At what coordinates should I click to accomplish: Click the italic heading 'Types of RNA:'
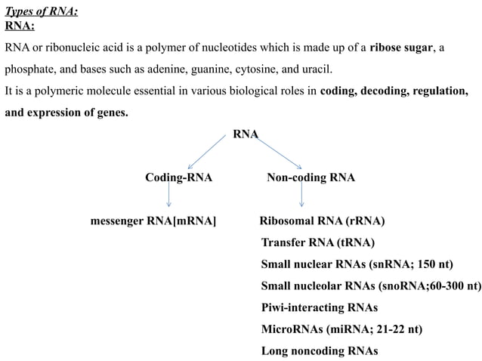coord(41,10)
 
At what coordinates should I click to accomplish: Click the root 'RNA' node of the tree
coord(246,134)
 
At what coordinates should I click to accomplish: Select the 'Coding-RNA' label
coord(178,178)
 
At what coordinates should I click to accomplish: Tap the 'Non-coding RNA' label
coord(311,178)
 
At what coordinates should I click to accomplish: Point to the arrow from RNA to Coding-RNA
coord(205,151)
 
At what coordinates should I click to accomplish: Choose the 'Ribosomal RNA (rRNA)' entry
coord(322,221)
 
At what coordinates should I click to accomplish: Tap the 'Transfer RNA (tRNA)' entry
coord(317,242)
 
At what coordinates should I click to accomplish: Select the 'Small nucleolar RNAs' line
coord(370,286)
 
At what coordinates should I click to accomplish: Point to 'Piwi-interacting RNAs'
coord(319,307)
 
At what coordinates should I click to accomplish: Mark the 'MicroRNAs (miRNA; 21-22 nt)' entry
coord(341,329)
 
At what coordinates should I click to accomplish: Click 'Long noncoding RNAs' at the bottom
coord(319,350)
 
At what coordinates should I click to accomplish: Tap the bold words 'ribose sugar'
coord(401,48)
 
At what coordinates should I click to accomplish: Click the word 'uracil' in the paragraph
coord(315,70)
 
